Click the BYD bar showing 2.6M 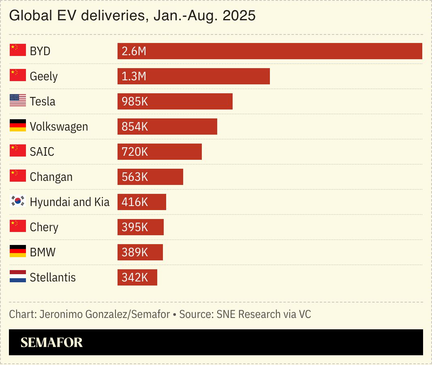pyautogui.click(x=269, y=51)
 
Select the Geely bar pyautogui.click(x=194, y=76)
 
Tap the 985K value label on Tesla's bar pyautogui.click(x=135, y=101)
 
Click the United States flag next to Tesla pyautogui.click(x=17, y=101)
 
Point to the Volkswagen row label pyautogui.click(x=59, y=127)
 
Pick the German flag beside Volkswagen pyautogui.click(x=17, y=126)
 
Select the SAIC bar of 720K pyautogui.click(x=160, y=152)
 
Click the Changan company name pyautogui.click(x=51, y=177)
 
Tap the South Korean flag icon pyautogui.click(x=17, y=201)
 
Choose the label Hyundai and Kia pyautogui.click(x=70, y=202)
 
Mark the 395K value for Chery pyautogui.click(x=135, y=227)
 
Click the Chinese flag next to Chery pyautogui.click(x=17, y=226)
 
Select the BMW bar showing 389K pyautogui.click(x=140, y=252)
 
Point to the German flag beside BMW pyautogui.click(x=17, y=251)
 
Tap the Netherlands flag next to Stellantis pyautogui.click(x=17, y=277)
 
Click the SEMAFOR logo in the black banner pyautogui.click(x=51, y=342)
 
